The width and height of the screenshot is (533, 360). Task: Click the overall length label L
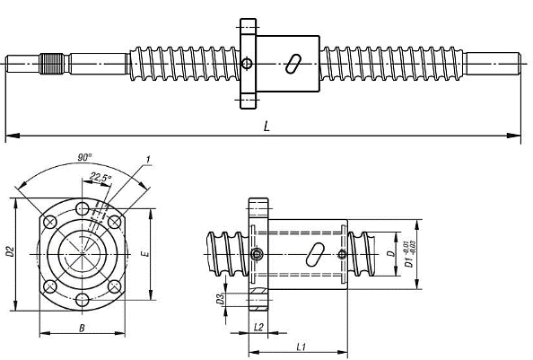pyautogui.click(x=266, y=127)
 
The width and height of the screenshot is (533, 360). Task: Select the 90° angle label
pyautogui.click(x=83, y=157)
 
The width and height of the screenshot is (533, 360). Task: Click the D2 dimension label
pyautogui.click(x=9, y=252)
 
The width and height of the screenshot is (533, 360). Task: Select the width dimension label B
pyautogui.click(x=82, y=329)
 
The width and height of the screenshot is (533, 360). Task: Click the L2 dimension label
pyautogui.click(x=258, y=328)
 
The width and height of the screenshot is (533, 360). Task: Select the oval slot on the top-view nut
pyautogui.click(x=293, y=65)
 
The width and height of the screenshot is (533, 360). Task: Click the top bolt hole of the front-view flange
pyautogui.click(x=83, y=209)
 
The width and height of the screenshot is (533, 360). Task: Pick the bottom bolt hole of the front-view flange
pyautogui.click(x=83, y=299)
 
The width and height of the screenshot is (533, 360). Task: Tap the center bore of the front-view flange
pyautogui.click(x=83, y=254)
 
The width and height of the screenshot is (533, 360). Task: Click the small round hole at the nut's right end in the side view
pyautogui.click(x=343, y=254)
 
